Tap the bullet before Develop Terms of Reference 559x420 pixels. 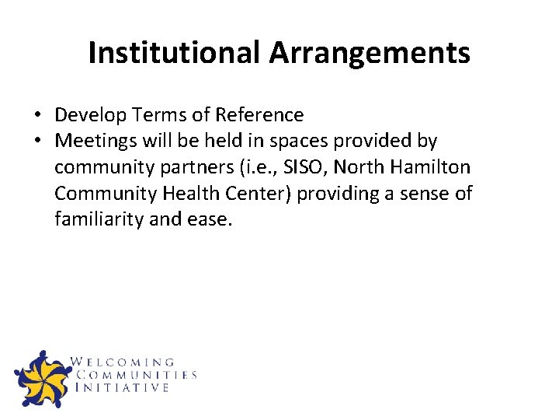tap(36, 115)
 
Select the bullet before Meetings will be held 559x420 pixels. tap(36, 142)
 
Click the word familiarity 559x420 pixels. tap(99, 219)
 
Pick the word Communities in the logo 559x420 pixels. tap(136, 375)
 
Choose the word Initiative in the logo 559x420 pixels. tap(122, 387)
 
